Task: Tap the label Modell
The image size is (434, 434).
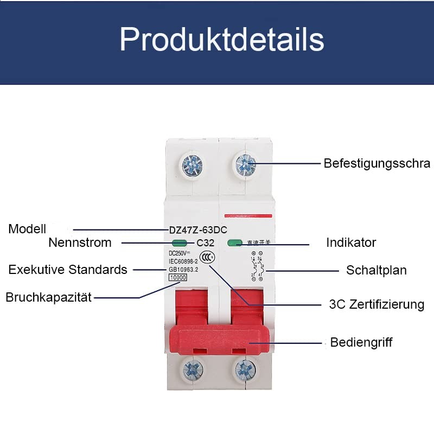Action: click(x=27, y=229)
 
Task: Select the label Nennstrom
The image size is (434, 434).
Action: click(x=80, y=242)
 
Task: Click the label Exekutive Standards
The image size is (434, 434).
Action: click(x=68, y=270)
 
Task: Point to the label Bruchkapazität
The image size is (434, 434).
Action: click(x=48, y=297)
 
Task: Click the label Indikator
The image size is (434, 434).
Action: click(x=350, y=242)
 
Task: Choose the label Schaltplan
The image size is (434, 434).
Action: click(x=376, y=270)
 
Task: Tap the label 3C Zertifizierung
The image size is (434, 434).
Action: click(x=376, y=304)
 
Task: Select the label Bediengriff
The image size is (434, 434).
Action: click(x=361, y=342)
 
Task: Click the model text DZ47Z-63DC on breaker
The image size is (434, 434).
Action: click(x=195, y=229)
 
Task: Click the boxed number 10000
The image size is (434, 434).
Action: click(x=178, y=277)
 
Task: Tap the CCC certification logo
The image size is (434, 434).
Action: click(x=207, y=257)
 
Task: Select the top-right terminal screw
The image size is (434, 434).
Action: click(x=246, y=163)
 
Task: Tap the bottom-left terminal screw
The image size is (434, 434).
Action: click(x=193, y=370)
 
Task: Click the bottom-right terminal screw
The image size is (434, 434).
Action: click(x=246, y=370)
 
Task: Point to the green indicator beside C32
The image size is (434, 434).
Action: click(x=178, y=243)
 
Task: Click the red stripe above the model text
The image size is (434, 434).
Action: click(x=247, y=215)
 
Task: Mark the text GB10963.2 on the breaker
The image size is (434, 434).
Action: click(x=184, y=269)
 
